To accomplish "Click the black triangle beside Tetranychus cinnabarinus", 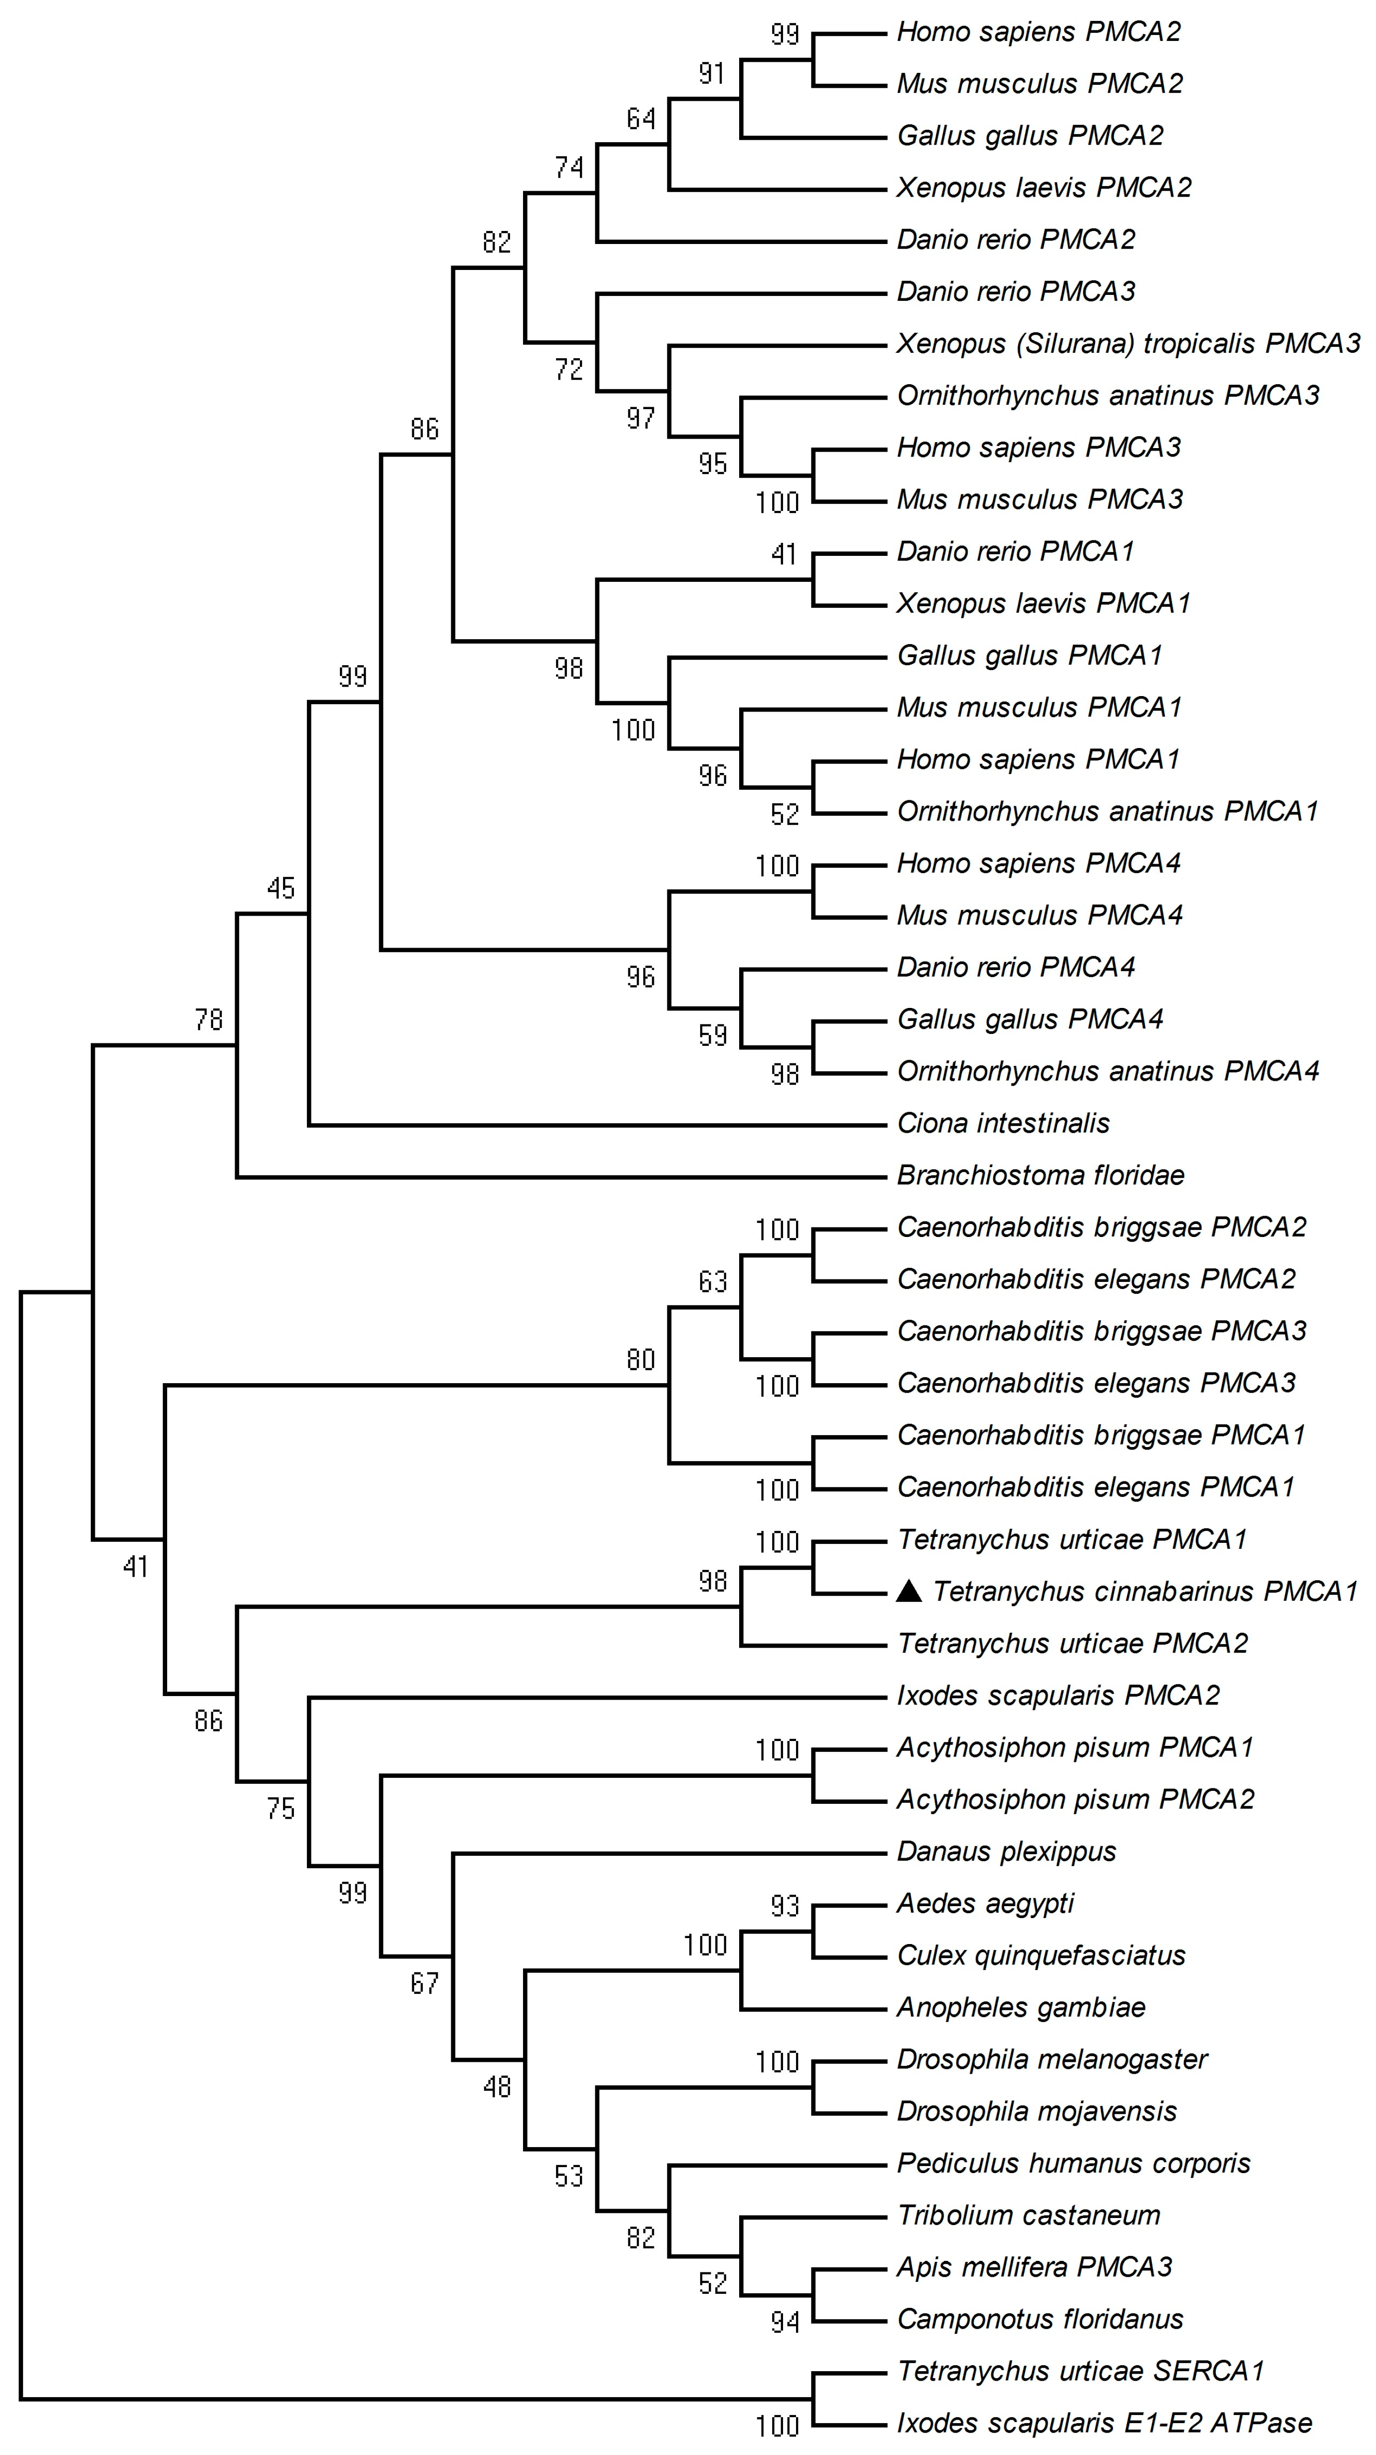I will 910,1591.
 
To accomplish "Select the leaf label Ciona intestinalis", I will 1003,1124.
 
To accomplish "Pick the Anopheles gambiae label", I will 1021,2007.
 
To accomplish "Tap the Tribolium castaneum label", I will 1028,2215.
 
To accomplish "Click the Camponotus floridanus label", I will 1040,2319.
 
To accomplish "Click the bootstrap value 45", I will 281,888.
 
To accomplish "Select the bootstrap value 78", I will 209,1020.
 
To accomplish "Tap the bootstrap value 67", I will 425,1983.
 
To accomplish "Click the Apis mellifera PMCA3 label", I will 1034,2266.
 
